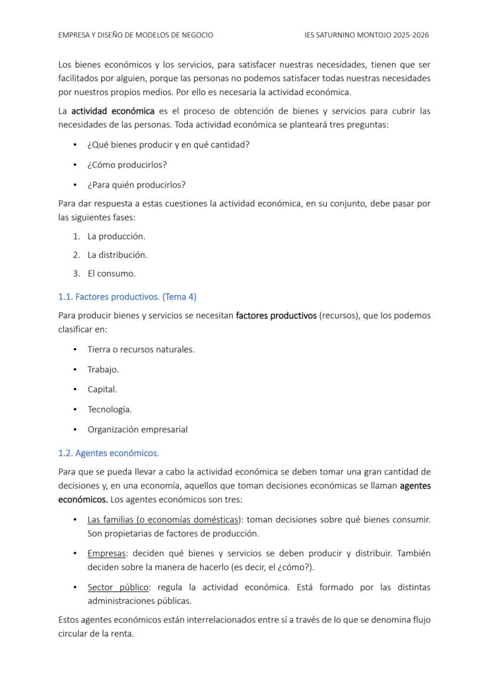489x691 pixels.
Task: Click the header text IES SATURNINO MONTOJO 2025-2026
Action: point(366,35)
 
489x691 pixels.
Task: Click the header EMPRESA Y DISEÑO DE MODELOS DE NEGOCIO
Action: point(136,35)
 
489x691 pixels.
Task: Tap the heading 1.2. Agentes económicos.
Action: point(109,453)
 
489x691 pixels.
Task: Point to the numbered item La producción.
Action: point(116,236)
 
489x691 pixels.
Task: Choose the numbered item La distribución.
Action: point(118,255)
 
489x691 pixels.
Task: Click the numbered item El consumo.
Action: point(112,274)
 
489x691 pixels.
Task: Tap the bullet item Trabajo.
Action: point(103,369)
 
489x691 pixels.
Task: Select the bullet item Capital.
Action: point(102,389)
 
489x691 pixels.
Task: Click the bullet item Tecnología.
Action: point(110,410)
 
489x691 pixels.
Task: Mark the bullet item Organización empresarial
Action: point(138,430)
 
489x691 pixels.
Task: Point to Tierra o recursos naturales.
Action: point(141,349)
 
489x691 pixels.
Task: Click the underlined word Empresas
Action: point(107,554)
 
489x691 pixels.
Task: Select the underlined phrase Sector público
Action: point(119,588)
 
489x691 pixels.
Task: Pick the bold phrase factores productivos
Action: point(276,316)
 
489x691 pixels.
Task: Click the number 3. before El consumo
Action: point(76,274)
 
